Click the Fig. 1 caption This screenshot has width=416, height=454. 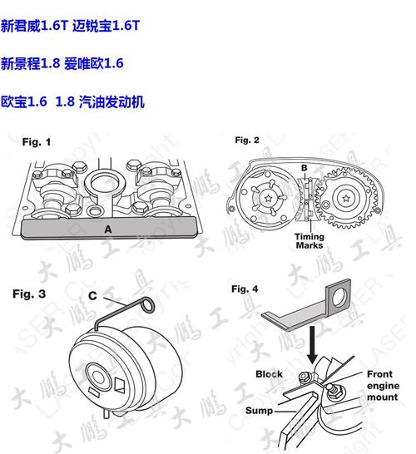[x=37, y=142]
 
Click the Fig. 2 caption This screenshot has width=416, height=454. [x=247, y=140]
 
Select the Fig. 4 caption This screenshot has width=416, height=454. [x=245, y=289]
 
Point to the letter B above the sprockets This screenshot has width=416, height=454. [x=305, y=168]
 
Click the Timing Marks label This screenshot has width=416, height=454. [x=310, y=241]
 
